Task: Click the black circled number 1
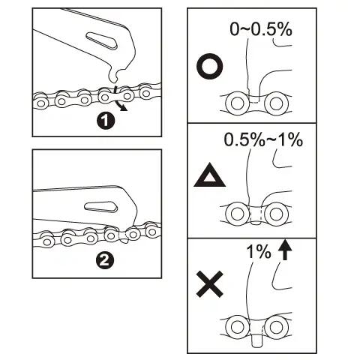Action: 106,121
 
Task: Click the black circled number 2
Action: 105,261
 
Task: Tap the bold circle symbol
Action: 210,66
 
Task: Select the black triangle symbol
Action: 209,175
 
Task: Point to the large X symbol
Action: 209,284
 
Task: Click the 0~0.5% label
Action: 261,29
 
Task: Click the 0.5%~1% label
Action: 263,139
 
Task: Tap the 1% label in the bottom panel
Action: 259,251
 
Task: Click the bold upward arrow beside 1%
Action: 285,250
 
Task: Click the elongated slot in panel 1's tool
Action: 101,40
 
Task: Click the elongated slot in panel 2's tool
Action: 100,207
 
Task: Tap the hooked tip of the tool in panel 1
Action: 114,77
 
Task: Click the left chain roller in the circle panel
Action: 237,103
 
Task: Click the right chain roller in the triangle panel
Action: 276,214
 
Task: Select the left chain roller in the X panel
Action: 237,327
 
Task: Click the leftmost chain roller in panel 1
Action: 40,103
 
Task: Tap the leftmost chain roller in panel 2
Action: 46,241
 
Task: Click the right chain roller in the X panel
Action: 276,327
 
